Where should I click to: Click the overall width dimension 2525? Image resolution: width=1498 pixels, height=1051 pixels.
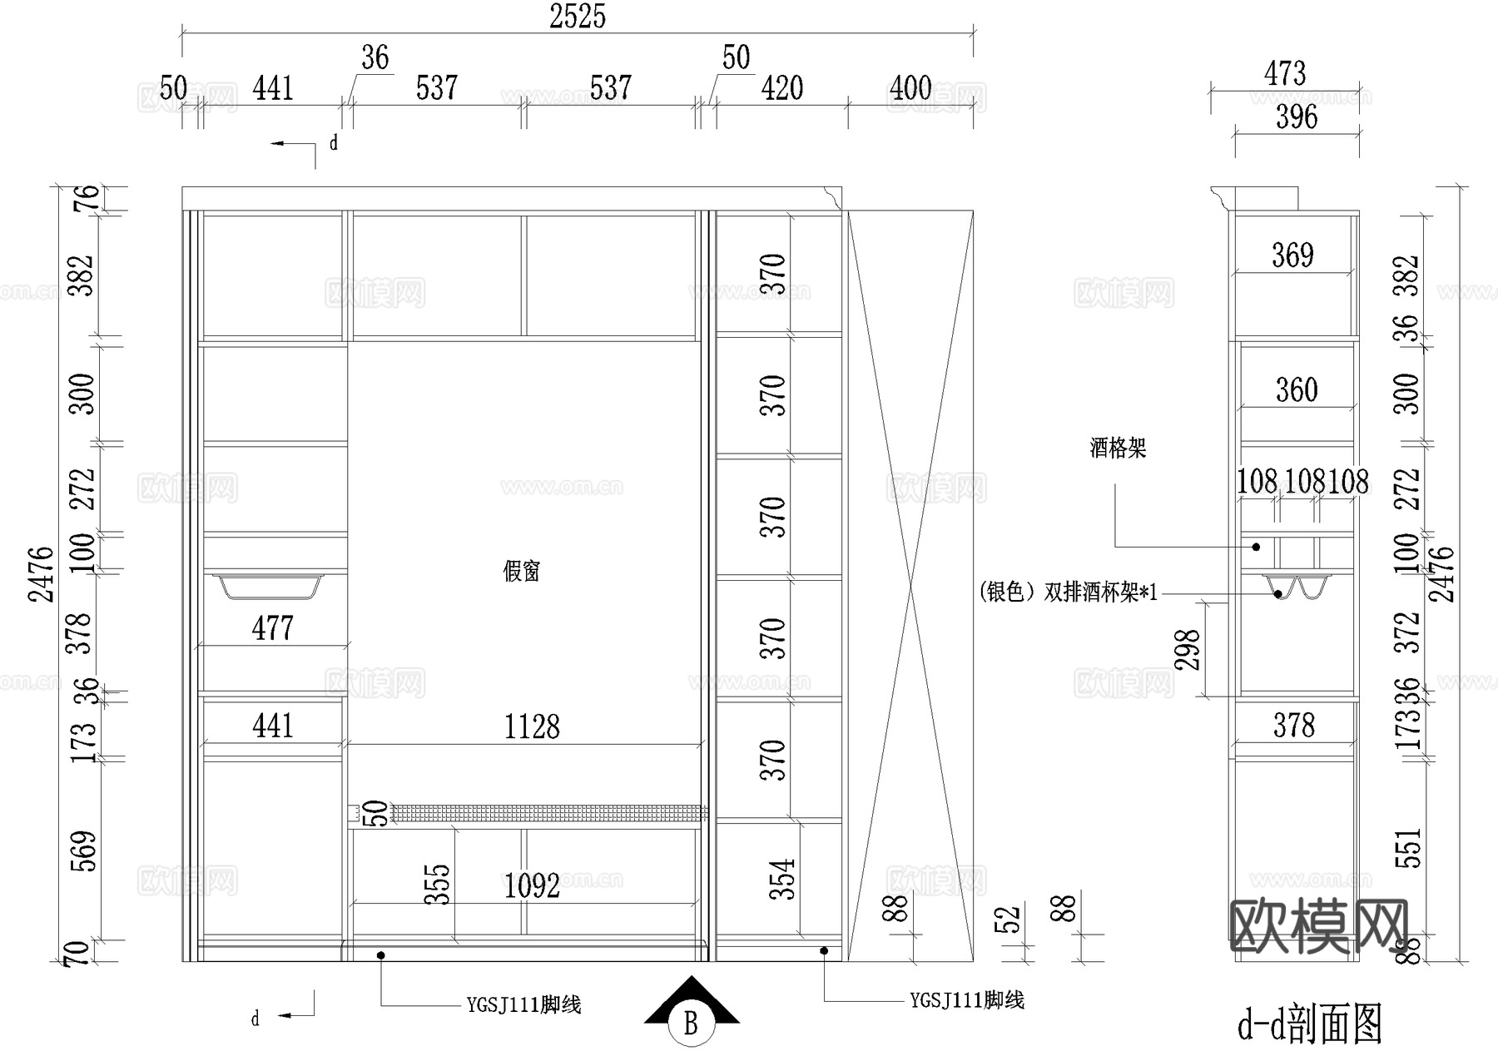point(577,17)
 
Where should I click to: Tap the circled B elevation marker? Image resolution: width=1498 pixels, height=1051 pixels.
point(691,1022)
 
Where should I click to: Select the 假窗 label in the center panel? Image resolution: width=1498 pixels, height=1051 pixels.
point(522,571)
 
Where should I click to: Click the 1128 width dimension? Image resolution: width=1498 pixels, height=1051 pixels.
point(532,726)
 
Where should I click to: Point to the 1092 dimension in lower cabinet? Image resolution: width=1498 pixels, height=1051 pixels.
point(532,885)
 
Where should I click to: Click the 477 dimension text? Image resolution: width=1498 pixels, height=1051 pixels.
point(272,628)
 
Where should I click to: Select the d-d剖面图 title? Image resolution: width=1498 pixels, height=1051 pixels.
point(1310,1024)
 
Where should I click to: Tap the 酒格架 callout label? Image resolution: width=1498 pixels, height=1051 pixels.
point(1118,449)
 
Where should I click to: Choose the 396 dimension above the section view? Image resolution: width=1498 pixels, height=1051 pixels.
point(1297,117)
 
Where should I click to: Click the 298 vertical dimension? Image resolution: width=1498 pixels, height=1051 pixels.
point(1188,650)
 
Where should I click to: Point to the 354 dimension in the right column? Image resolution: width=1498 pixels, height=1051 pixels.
point(781,879)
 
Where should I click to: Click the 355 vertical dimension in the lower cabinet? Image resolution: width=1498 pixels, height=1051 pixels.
point(438,884)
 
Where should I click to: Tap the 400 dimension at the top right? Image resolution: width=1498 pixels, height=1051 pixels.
point(910,88)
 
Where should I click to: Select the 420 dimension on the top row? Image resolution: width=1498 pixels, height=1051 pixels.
point(781,88)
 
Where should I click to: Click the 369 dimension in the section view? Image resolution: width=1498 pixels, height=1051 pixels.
point(1292,255)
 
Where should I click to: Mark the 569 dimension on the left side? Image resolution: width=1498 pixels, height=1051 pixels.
point(84,850)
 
